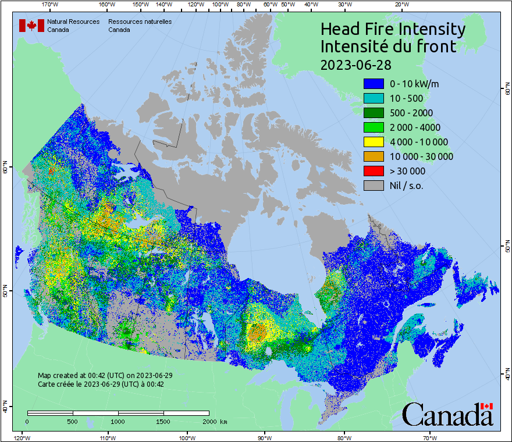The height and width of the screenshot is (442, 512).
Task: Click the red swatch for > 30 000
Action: tap(374, 171)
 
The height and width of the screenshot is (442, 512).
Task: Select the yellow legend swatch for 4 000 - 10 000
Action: tap(374, 142)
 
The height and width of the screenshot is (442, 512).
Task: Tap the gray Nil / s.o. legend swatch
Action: tap(374, 186)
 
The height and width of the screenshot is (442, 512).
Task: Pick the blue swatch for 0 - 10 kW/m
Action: tap(374, 84)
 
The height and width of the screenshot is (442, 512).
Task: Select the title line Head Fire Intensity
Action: tap(393, 29)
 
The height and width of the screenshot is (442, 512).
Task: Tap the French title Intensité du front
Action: tap(389, 46)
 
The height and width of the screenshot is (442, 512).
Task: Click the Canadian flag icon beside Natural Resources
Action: tap(31, 26)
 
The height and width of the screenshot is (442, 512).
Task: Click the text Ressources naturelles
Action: tap(140, 22)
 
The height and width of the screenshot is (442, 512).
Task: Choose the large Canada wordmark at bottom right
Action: tap(447, 415)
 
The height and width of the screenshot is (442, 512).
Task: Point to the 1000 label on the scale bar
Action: tap(118, 421)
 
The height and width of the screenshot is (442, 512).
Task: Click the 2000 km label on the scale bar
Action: tap(214, 421)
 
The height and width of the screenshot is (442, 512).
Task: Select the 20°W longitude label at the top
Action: tap(401, 5)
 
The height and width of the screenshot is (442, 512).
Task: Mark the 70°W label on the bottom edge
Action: tap(430, 437)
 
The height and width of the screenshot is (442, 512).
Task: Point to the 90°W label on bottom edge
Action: tap(265, 437)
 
